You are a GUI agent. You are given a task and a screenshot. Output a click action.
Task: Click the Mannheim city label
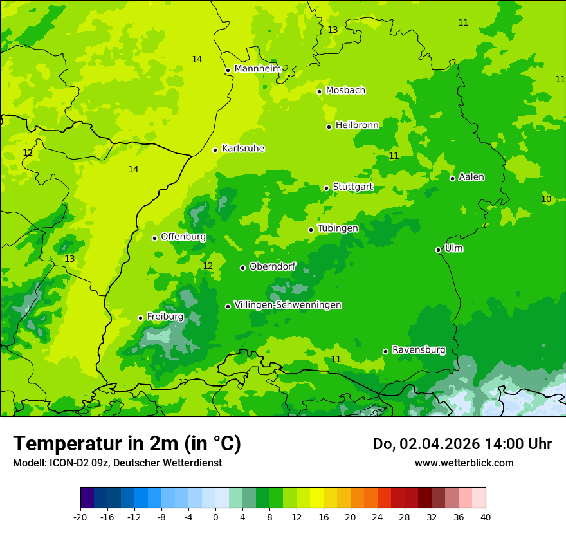[258, 69]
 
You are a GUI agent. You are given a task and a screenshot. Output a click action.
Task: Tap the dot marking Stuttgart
[327, 188]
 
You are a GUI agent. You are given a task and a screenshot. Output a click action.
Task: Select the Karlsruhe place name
[243, 149]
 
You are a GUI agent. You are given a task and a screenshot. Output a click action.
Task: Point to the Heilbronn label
[357, 125]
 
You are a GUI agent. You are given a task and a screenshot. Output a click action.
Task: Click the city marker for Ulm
[439, 250]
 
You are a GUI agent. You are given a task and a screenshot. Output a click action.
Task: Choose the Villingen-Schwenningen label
[288, 305]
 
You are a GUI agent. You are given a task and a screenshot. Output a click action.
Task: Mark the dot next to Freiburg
[141, 318]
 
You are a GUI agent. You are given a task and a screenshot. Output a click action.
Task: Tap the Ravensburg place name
[419, 350]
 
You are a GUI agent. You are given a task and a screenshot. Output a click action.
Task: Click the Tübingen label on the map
[338, 228]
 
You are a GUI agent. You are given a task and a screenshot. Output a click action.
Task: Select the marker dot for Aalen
[453, 178]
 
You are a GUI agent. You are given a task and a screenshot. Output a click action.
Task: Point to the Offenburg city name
[183, 237]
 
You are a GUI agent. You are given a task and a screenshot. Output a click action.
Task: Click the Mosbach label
[345, 91]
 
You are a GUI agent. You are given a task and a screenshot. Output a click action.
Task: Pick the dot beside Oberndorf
[243, 268]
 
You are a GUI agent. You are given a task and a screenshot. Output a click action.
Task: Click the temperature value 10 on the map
[546, 199]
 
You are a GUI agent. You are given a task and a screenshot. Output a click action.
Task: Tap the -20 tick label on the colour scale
[80, 517]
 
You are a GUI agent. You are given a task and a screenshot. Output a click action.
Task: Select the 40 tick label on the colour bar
[486, 517]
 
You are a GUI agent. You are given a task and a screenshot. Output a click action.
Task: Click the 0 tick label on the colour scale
[215, 517]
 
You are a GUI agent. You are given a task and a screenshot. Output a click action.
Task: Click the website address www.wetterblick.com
[464, 463]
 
